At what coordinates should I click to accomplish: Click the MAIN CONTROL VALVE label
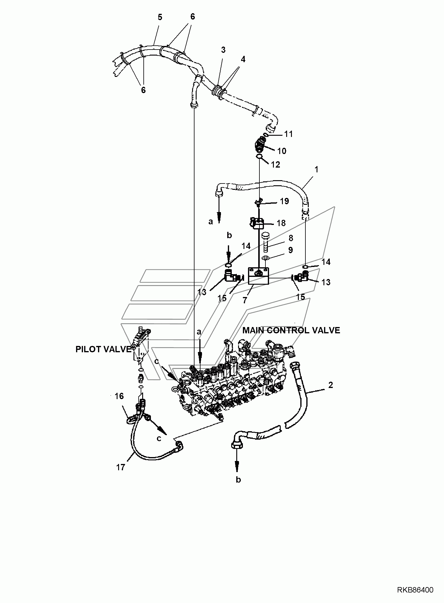tap(291, 330)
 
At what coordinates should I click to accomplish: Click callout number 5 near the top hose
tap(160, 17)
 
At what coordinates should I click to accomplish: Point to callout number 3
tap(223, 50)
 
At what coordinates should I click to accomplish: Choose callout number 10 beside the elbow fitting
tap(282, 151)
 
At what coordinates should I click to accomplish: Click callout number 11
tap(289, 134)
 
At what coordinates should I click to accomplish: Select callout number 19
tap(284, 201)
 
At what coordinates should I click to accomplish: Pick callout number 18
tap(281, 223)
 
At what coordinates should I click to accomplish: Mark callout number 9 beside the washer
tap(290, 250)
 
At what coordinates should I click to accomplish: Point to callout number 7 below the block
tap(245, 300)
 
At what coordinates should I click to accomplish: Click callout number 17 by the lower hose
tap(121, 468)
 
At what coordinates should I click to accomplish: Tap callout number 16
tap(119, 396)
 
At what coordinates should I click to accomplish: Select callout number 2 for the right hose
tap(330, 385)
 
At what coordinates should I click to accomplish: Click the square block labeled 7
tap(258, 276)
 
